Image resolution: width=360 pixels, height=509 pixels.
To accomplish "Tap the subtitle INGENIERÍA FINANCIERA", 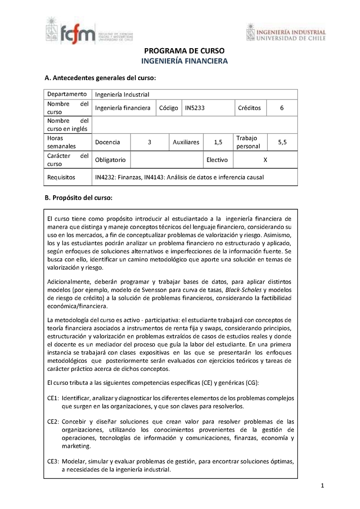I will tap(184, 61).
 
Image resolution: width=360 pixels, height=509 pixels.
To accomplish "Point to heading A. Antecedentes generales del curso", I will tap(100, 78).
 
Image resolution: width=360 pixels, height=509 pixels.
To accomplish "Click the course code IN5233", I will tap(195, 108).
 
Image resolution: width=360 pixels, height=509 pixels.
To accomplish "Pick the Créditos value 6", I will tap(282, 108).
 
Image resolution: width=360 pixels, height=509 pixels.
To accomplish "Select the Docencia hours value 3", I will tap(149, 142).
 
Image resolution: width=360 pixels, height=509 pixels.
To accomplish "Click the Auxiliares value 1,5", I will tap(218, 142).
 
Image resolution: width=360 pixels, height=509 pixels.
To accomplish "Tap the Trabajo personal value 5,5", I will tap(282, 142).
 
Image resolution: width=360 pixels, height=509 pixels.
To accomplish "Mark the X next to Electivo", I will tap(265, 160).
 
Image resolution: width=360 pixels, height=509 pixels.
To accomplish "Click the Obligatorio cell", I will tap(110, 160).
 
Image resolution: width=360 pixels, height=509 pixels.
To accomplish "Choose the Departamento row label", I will tap(67, 94).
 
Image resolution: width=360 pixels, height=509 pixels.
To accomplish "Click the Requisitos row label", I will tap(61, 177).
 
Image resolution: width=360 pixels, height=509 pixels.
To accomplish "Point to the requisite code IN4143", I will tap(154, 177).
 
